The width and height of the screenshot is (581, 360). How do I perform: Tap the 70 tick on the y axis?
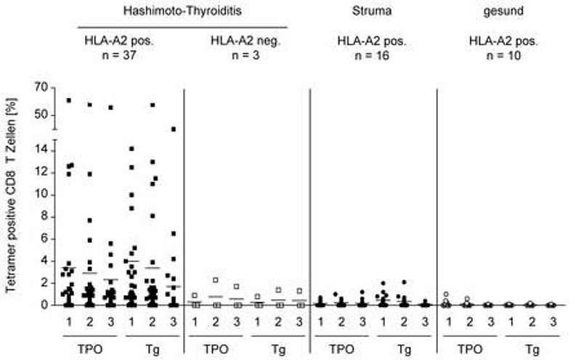tap(41, 88)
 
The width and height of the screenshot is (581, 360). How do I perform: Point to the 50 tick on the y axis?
tap(41, 115)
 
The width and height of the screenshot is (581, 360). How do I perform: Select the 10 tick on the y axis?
tap(41, 195)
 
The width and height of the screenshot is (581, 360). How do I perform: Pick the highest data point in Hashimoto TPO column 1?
tap(69, 100)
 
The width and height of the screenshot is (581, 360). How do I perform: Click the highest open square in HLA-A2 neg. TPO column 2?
tap(216, 280)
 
